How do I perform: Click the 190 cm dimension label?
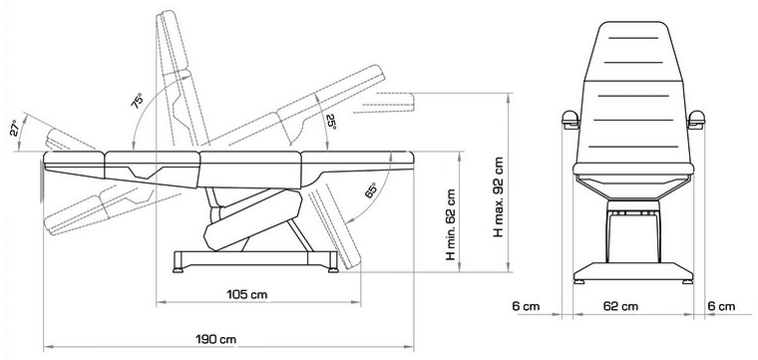(216, 339)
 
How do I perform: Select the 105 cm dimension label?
(247, 294)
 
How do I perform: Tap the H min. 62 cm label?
(451, 223)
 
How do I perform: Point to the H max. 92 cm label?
(498, 196)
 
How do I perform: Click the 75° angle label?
(138, 101)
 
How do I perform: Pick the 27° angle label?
(16, 128)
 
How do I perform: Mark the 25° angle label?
(331, 122)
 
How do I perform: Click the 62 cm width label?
(620, 306)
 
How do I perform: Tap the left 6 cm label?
(526, 306)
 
